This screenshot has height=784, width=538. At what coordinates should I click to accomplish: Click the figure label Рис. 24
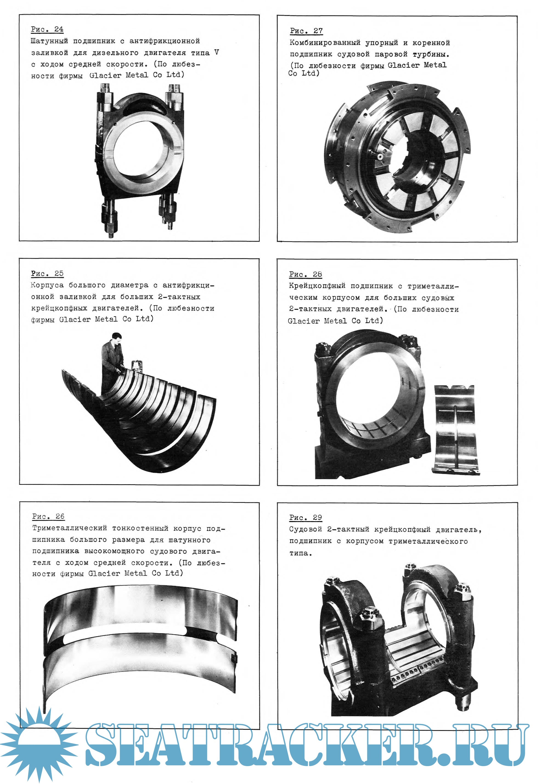[47, 29]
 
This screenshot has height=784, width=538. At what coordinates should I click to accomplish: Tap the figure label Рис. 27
[306, 31]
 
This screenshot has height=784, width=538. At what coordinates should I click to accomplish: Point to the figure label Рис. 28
[305, 274]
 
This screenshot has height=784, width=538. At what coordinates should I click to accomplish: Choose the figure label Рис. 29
[305, 517]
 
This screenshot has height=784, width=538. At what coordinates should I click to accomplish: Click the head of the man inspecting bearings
[117, 337]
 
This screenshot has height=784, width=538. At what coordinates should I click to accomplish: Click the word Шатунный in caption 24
[49, 41]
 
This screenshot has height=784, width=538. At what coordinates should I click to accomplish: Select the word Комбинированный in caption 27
[325, 43]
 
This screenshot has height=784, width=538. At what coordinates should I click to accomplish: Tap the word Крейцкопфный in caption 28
[317, 286]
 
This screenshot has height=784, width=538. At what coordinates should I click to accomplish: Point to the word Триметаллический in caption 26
[69, 528]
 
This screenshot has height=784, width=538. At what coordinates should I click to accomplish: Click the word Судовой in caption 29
[305, 529]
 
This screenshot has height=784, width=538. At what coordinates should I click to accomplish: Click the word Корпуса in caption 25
[47, 285]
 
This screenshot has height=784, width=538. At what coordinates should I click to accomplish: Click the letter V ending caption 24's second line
[216, 53]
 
